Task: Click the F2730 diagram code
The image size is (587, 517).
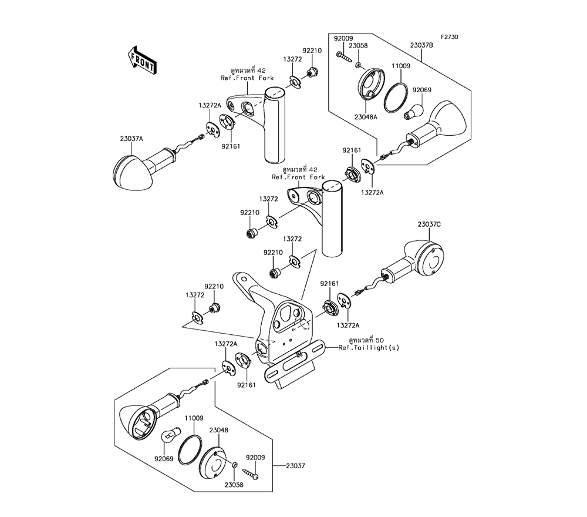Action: pos(449,37)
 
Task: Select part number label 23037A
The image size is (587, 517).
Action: pos(131,139)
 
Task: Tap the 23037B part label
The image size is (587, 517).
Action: pos(421,45)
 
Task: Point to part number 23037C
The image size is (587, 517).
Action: pos(430,224)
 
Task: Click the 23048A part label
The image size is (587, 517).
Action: pos(366,117)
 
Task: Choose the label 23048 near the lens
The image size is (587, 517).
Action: pos(218,431)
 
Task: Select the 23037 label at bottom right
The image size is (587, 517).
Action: pos(296,466)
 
